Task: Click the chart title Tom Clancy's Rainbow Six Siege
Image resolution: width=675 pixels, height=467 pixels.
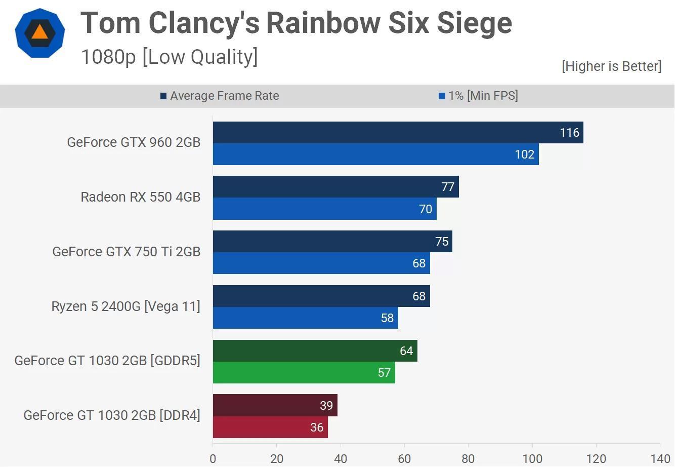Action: [x=296, y=23]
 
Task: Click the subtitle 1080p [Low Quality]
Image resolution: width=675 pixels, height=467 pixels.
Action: [x=169, y=57]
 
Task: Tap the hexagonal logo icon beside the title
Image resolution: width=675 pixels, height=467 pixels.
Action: [x=40, y=33]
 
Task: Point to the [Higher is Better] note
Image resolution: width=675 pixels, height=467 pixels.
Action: [x=611, y=66]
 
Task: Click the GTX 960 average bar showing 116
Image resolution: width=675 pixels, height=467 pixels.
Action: [x=398, y=133]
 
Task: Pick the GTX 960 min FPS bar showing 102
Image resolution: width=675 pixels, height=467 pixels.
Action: [x=375, y=154]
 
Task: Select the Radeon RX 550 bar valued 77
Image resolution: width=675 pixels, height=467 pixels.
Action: [x=335, y=187]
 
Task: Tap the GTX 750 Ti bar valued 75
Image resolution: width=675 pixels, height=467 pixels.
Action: [x=332, y=242]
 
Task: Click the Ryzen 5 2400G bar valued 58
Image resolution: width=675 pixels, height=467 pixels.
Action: [x=305, y=318]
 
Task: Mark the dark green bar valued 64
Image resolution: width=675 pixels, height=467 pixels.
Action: [x=315, y=351]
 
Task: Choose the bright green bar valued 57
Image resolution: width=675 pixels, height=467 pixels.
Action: [x=304, y=373]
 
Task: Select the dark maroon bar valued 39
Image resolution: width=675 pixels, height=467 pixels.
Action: [x=275, y=405]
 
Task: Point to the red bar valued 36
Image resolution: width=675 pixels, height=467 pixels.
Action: [x=270, y=427]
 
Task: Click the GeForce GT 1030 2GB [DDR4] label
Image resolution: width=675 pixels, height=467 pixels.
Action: [x=112, y=415]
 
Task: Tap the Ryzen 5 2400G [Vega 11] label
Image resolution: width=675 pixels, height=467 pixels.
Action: [x=125, y=306]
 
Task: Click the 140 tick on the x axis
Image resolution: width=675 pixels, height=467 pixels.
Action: [x=660, y=459]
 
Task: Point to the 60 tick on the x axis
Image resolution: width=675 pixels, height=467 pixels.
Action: [x=404, y=459]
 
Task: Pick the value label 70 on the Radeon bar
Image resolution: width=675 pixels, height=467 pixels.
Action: [x=426, y=209]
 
